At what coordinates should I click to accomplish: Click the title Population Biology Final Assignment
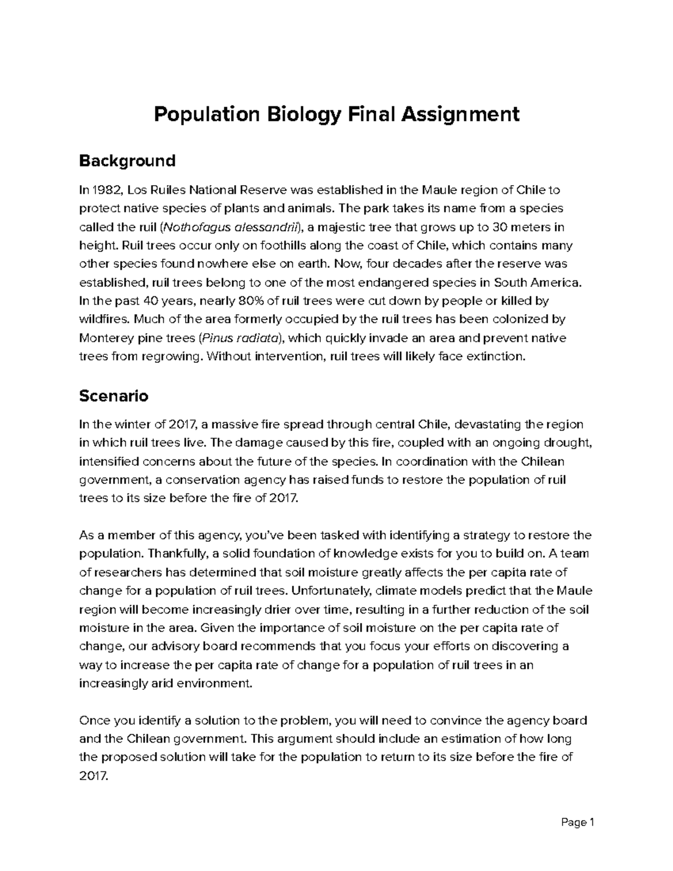pos(336,114)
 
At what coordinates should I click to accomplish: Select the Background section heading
pos(127,161)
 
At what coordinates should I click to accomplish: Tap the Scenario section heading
pos(113,396)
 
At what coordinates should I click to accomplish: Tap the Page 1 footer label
pos(577,823)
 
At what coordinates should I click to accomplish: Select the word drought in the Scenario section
pos(566,443)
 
